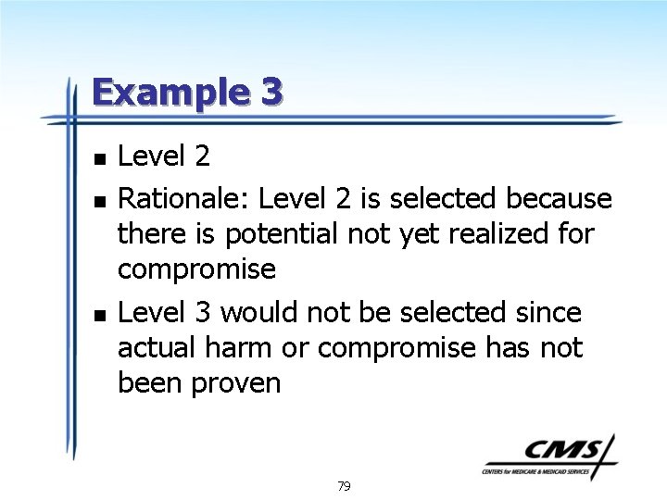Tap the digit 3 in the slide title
tap(271, 92)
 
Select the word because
tap(560, 199)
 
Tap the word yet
tap(412, 235)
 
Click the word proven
tap(234, 383)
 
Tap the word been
tap(150, 383)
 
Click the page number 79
tap(344, 486)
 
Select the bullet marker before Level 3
tap(99, 314)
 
